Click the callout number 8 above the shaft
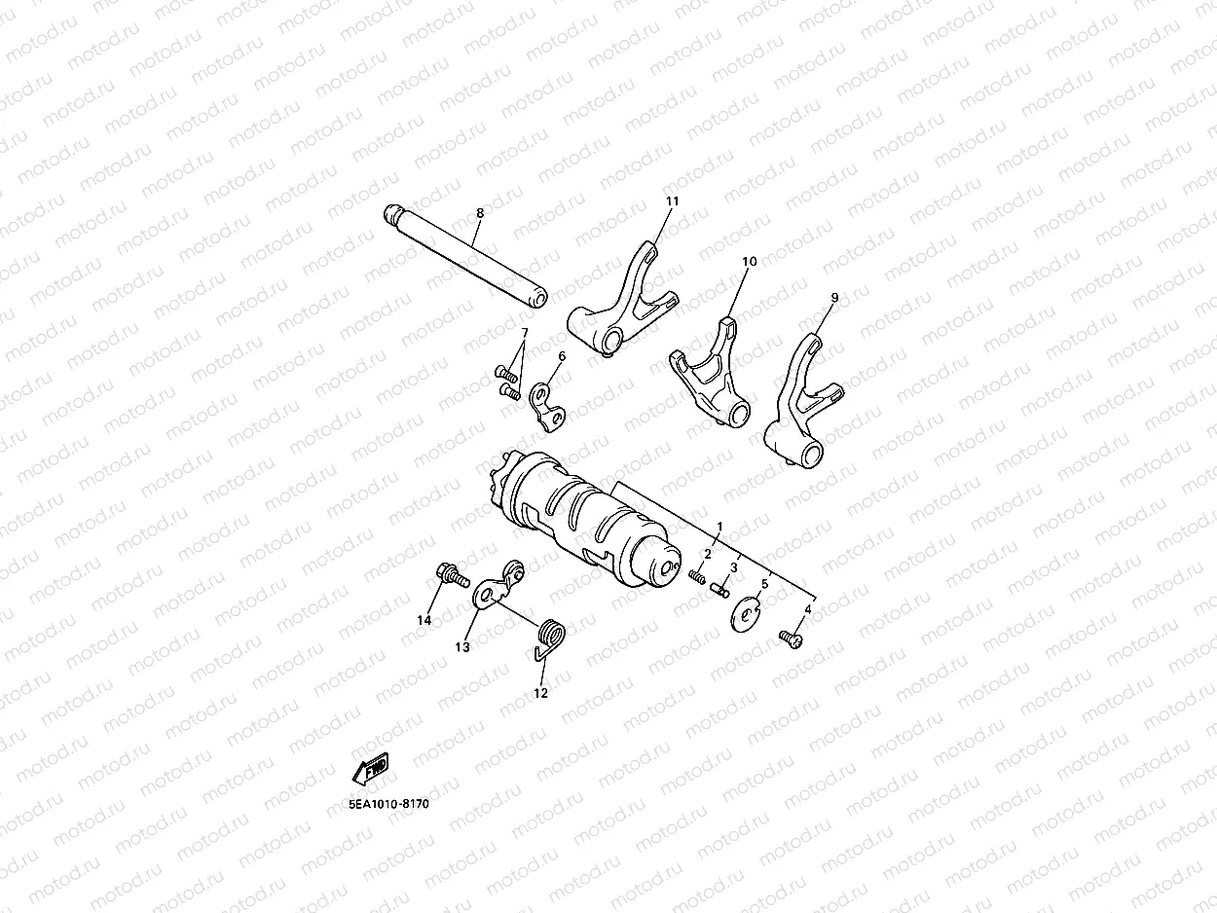(479, 212)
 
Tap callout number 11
(672, 201)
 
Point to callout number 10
(749, 261)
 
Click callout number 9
(833, 296)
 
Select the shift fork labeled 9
(800, 409)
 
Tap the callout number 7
(524, 333)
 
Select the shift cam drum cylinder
(584, 522)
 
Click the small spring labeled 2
(696, 575)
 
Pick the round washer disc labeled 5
(746, 615)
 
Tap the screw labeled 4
(790, 639)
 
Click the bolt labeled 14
(448, 573)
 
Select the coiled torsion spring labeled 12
(554, 639)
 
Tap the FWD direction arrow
(371, 768)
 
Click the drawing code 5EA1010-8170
(389, 805)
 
